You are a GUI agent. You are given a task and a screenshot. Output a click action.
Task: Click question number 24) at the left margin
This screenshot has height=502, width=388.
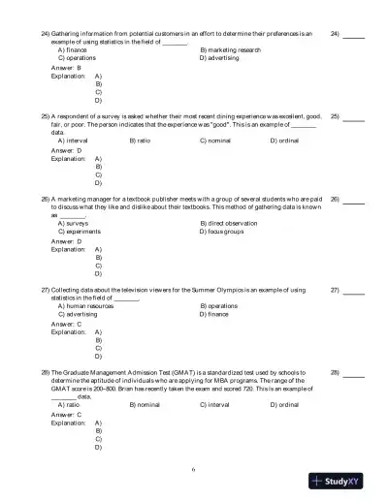pyautogui.click(x=45, y=33)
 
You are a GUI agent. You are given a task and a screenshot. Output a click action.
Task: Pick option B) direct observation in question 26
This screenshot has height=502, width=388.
pyautogui.click(x=229, y=223)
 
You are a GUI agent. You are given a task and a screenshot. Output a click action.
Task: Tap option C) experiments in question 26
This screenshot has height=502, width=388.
pyautogui.click(x=81, y=232)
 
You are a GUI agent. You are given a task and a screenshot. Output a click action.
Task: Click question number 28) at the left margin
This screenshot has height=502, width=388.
pyautogui.click(x=45, y=371)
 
